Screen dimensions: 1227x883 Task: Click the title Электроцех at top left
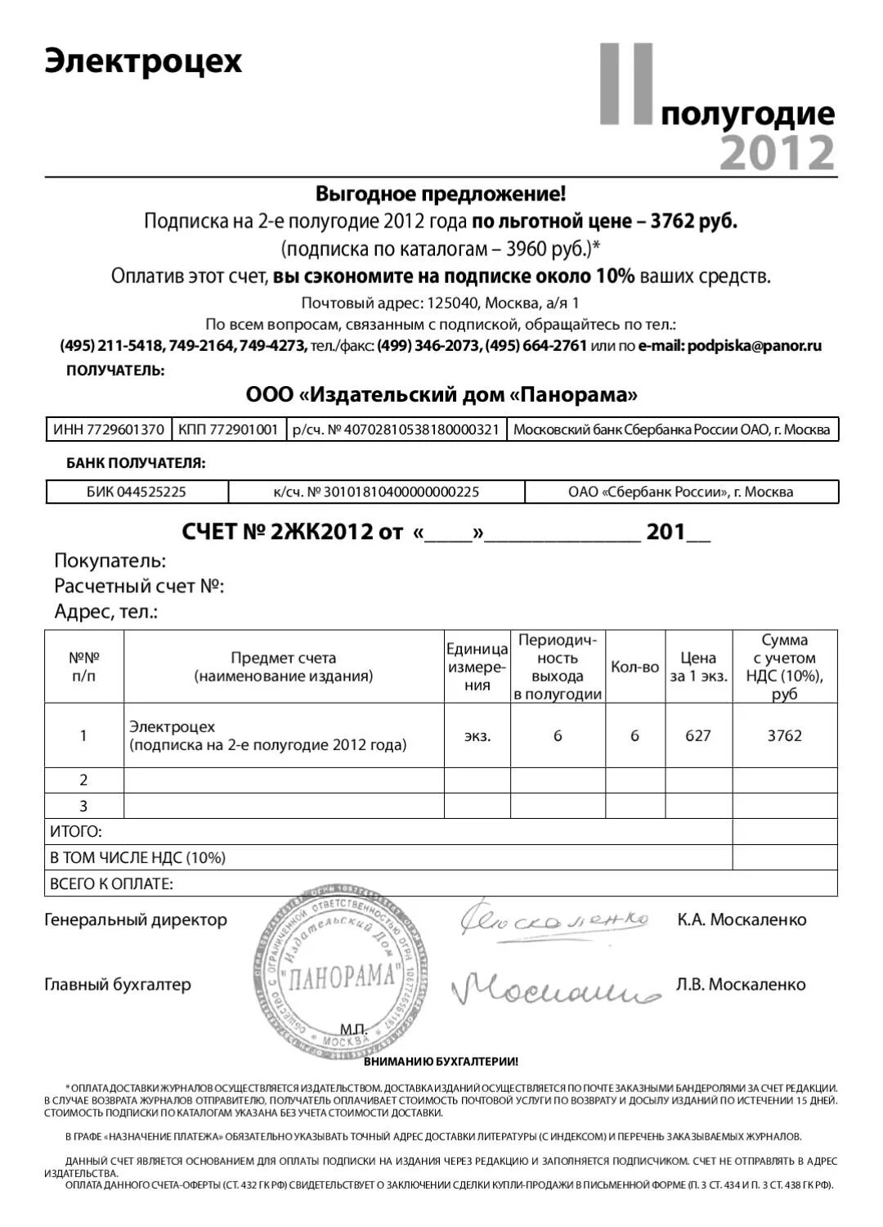[x=143, y=61]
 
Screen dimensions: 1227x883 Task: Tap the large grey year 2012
[x=777, y=153]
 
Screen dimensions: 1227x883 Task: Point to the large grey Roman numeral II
[x=627, y=84]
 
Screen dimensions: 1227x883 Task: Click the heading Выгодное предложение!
[x=441, y=194]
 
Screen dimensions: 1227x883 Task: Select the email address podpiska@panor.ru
[x=755, y=345]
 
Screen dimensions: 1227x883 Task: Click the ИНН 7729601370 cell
[x=109, y=429]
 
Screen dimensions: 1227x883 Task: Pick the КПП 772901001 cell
[x=228, y=429]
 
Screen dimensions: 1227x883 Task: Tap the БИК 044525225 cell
[x=137, y=492]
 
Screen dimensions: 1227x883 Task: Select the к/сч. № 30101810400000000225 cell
[x=376, y=492]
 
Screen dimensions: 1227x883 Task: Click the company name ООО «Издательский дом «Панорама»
[x=441, y=395]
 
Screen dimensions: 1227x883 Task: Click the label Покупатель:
[x=110, y=561]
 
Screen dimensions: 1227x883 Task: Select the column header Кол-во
[x=634, y=667]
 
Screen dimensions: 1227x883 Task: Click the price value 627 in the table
[x=697, y=735]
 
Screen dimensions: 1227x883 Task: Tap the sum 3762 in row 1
[x=784, y=735]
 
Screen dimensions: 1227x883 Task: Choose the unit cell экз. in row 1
[x=477, y=735]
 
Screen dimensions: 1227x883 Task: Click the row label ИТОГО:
[x=76, y=832]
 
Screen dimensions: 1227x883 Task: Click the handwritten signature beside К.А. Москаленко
[x=554, y=921]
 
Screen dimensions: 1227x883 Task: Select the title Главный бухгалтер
[x=118, y=984]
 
